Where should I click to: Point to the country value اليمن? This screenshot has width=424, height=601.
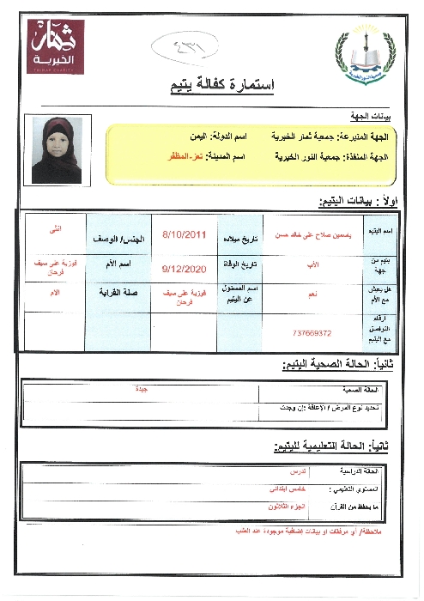201,137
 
